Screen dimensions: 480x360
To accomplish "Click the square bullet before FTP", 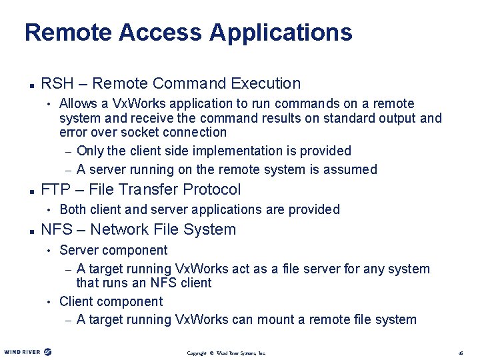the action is (31, 191).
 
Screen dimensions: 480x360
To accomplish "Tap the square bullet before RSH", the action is (31, 85).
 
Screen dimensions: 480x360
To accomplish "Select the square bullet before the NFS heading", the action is (31, 231).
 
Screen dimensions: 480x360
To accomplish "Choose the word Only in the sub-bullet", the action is (90, 151).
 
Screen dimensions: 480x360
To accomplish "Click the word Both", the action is (73, 210).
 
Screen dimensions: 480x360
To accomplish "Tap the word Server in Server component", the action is (78, 251).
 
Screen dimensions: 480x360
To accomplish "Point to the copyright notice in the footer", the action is (226, 353).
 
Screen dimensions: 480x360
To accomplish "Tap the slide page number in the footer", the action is (461, 353).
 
